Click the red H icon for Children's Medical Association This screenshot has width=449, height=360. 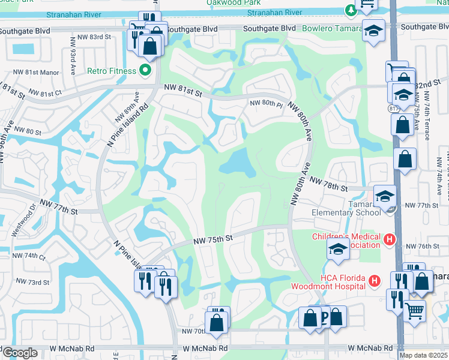tap(389, 241)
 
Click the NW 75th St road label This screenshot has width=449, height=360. tap(212, 239)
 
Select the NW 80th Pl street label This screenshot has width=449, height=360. tap(265, 103)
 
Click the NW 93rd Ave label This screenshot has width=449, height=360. tap(72, 52)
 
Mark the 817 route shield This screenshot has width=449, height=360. tap(393, 109)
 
